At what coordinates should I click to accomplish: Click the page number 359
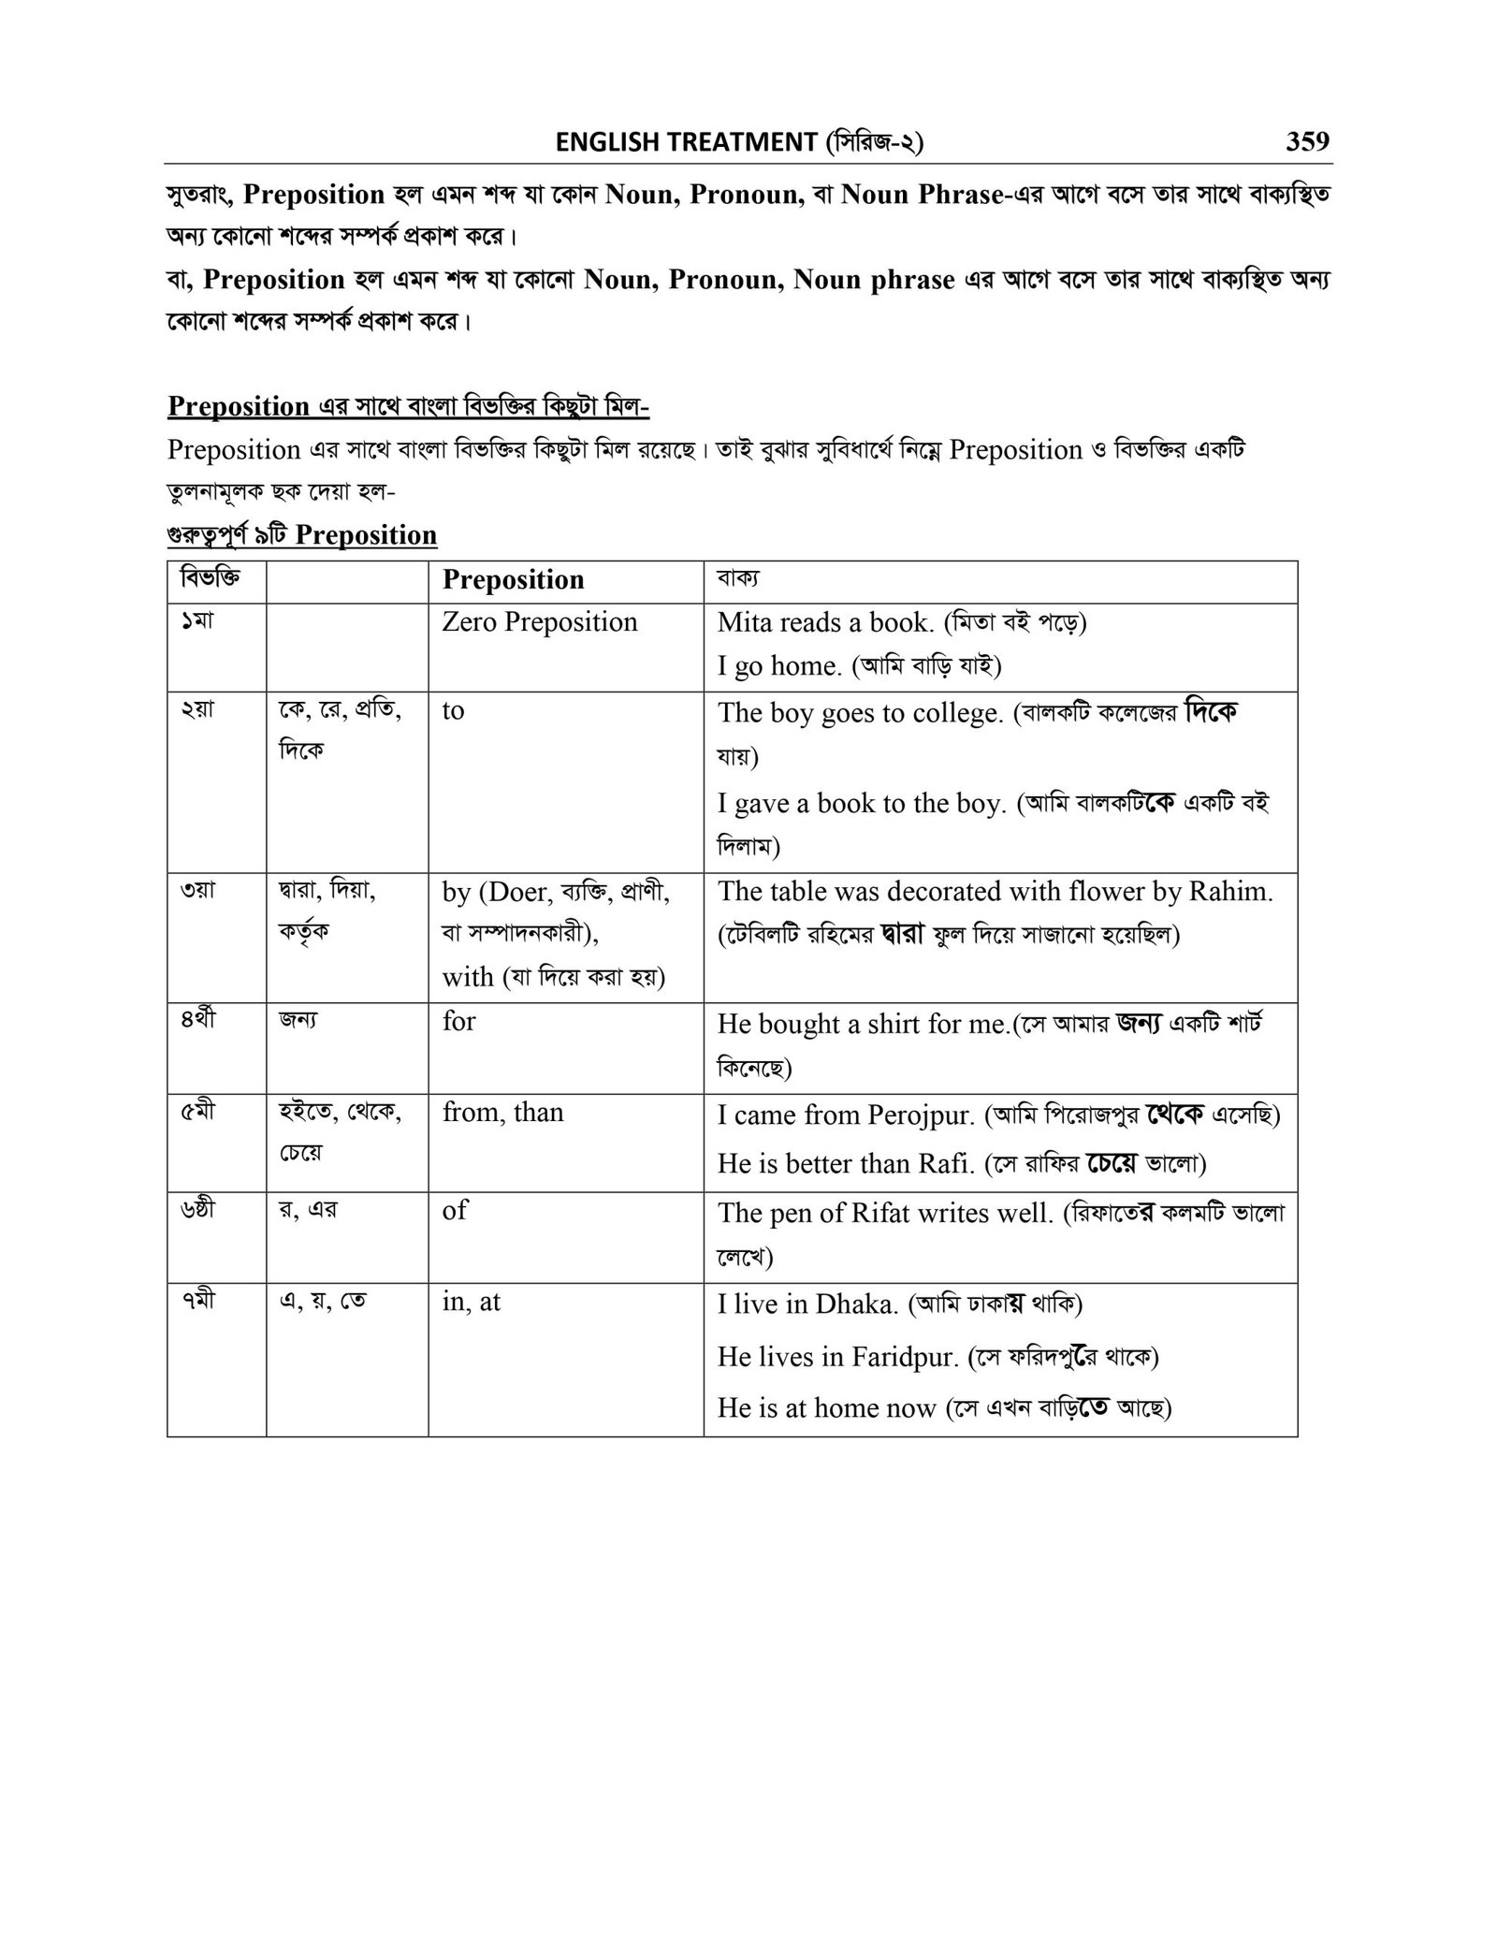(x=1307, y=141)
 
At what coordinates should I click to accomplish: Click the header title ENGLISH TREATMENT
(x=686, y=142)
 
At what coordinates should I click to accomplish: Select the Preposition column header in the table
(x=513, y=580)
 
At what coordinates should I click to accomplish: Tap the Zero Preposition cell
(x=539, y=622)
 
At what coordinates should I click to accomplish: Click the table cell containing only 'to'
(x=453, y=710)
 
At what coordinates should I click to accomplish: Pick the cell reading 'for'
(x=458, y=1021)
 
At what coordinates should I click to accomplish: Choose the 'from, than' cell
(x=502, y=1113)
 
